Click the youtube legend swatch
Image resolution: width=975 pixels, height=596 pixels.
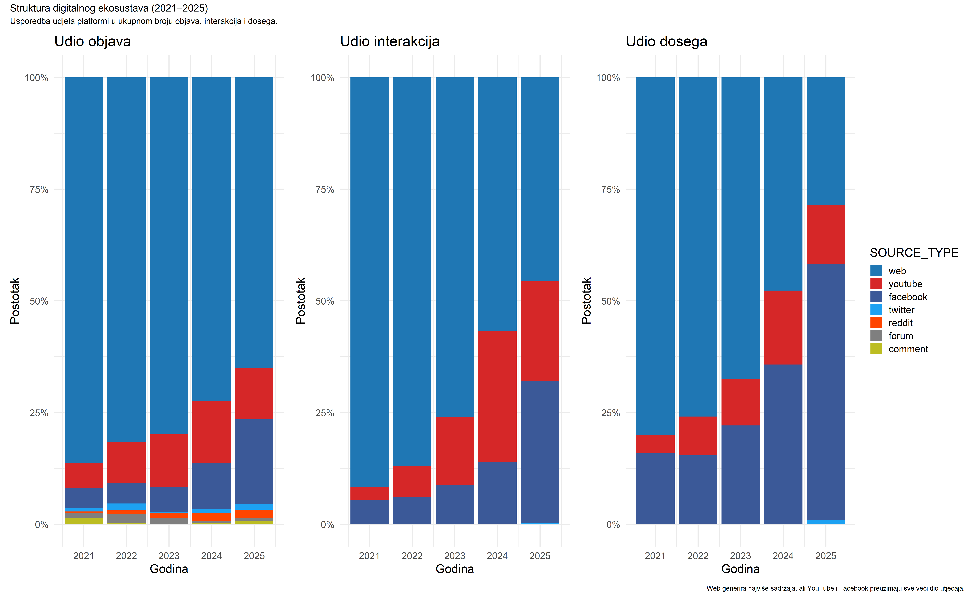click(x=876, y=284)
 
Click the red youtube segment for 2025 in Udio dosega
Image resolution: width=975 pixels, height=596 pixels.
click(x=826, y=234)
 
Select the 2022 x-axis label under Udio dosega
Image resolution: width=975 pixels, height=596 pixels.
click(x=698, y=556)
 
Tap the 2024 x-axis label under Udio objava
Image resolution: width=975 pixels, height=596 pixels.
click(x=211, y=556)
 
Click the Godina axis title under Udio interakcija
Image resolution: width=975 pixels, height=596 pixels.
click(x=455, y=569)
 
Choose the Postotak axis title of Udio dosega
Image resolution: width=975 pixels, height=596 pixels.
click(x=586, y=301)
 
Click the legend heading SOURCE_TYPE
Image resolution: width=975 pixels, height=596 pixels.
click(x=914, y=252)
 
